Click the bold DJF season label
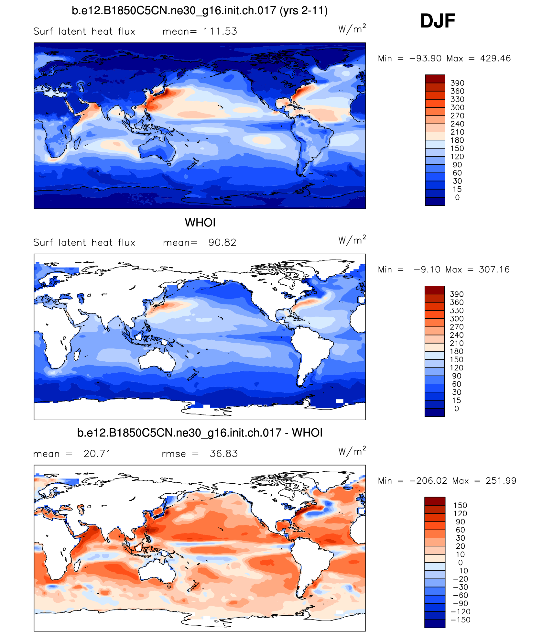[x=438, y=21]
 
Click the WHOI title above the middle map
[x=200, y=223]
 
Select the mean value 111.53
[x=220, y=31]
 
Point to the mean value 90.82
[x=222, y=243]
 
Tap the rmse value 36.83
[x=223, y=454]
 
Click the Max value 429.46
[x=495, y=59]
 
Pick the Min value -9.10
[x=427, y=270]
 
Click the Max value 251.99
[x=501, y=481]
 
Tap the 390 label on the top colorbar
[x=457, y=83]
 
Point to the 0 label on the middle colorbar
[x=456, y=409]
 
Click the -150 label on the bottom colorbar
[x=461, y=620]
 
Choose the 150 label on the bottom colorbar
[x=460, y=505]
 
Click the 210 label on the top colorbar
[x=457, y=132]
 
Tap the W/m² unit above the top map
[x=352, y=29]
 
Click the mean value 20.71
[x=97, y=454]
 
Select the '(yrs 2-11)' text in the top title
[x=304, y=11]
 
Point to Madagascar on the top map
[x=77, y=143]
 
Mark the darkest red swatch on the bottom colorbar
[x=435, y=501]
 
